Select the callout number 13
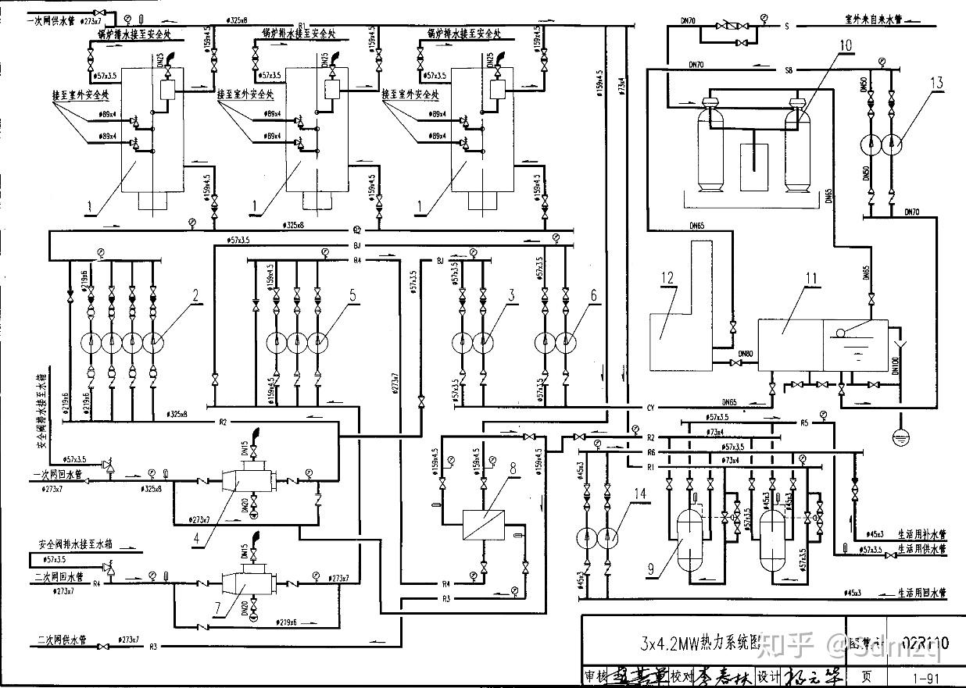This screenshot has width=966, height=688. [x=938, y=84]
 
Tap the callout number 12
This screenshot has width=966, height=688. [x=666, y=279]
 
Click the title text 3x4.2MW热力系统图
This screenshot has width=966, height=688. [x=700, y=644]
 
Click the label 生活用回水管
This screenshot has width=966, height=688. [x=921, y=594]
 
